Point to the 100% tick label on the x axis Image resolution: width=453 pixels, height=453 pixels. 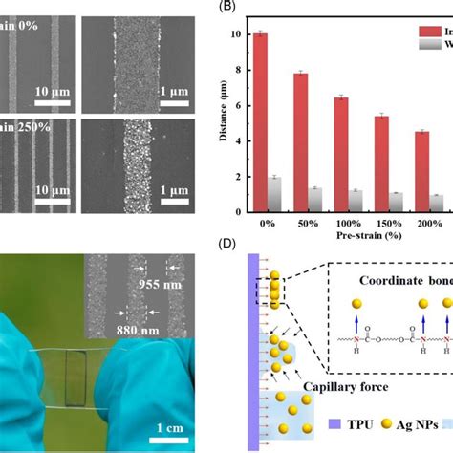pos(348,221)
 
